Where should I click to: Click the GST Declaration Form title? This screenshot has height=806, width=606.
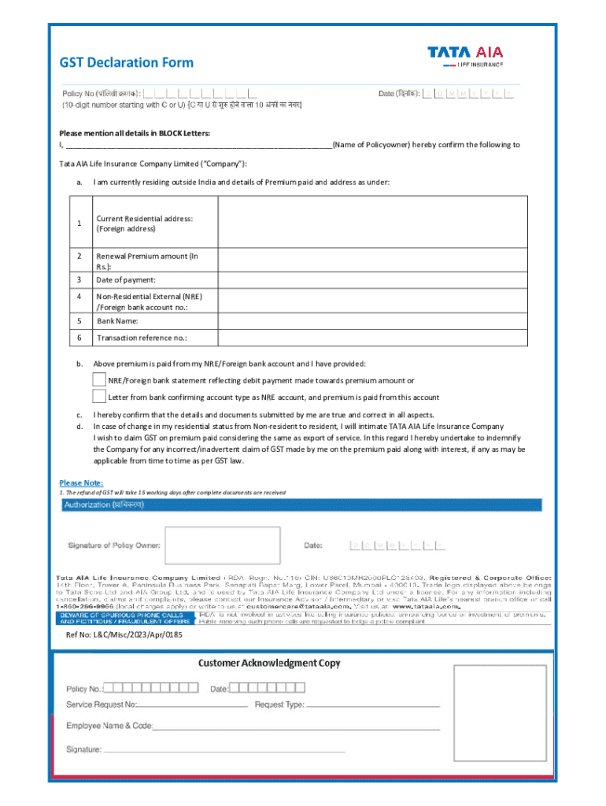[x=127, y=62]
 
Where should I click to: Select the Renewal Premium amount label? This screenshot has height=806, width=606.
[x=147, y=261]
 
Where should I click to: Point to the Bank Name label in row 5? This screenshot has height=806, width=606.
[x=117, y=321]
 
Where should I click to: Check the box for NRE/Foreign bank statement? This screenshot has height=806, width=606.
[x=99, y=380]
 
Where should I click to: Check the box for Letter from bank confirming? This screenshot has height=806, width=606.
[x=99, y=397]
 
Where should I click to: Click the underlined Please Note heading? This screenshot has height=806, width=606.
[x=81, y=482]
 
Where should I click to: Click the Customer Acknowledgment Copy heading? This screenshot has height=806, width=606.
[x=268, y=663]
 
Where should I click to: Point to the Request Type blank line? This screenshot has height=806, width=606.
[x=372, y=705]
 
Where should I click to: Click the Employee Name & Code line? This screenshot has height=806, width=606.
[x=295, y=727]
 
